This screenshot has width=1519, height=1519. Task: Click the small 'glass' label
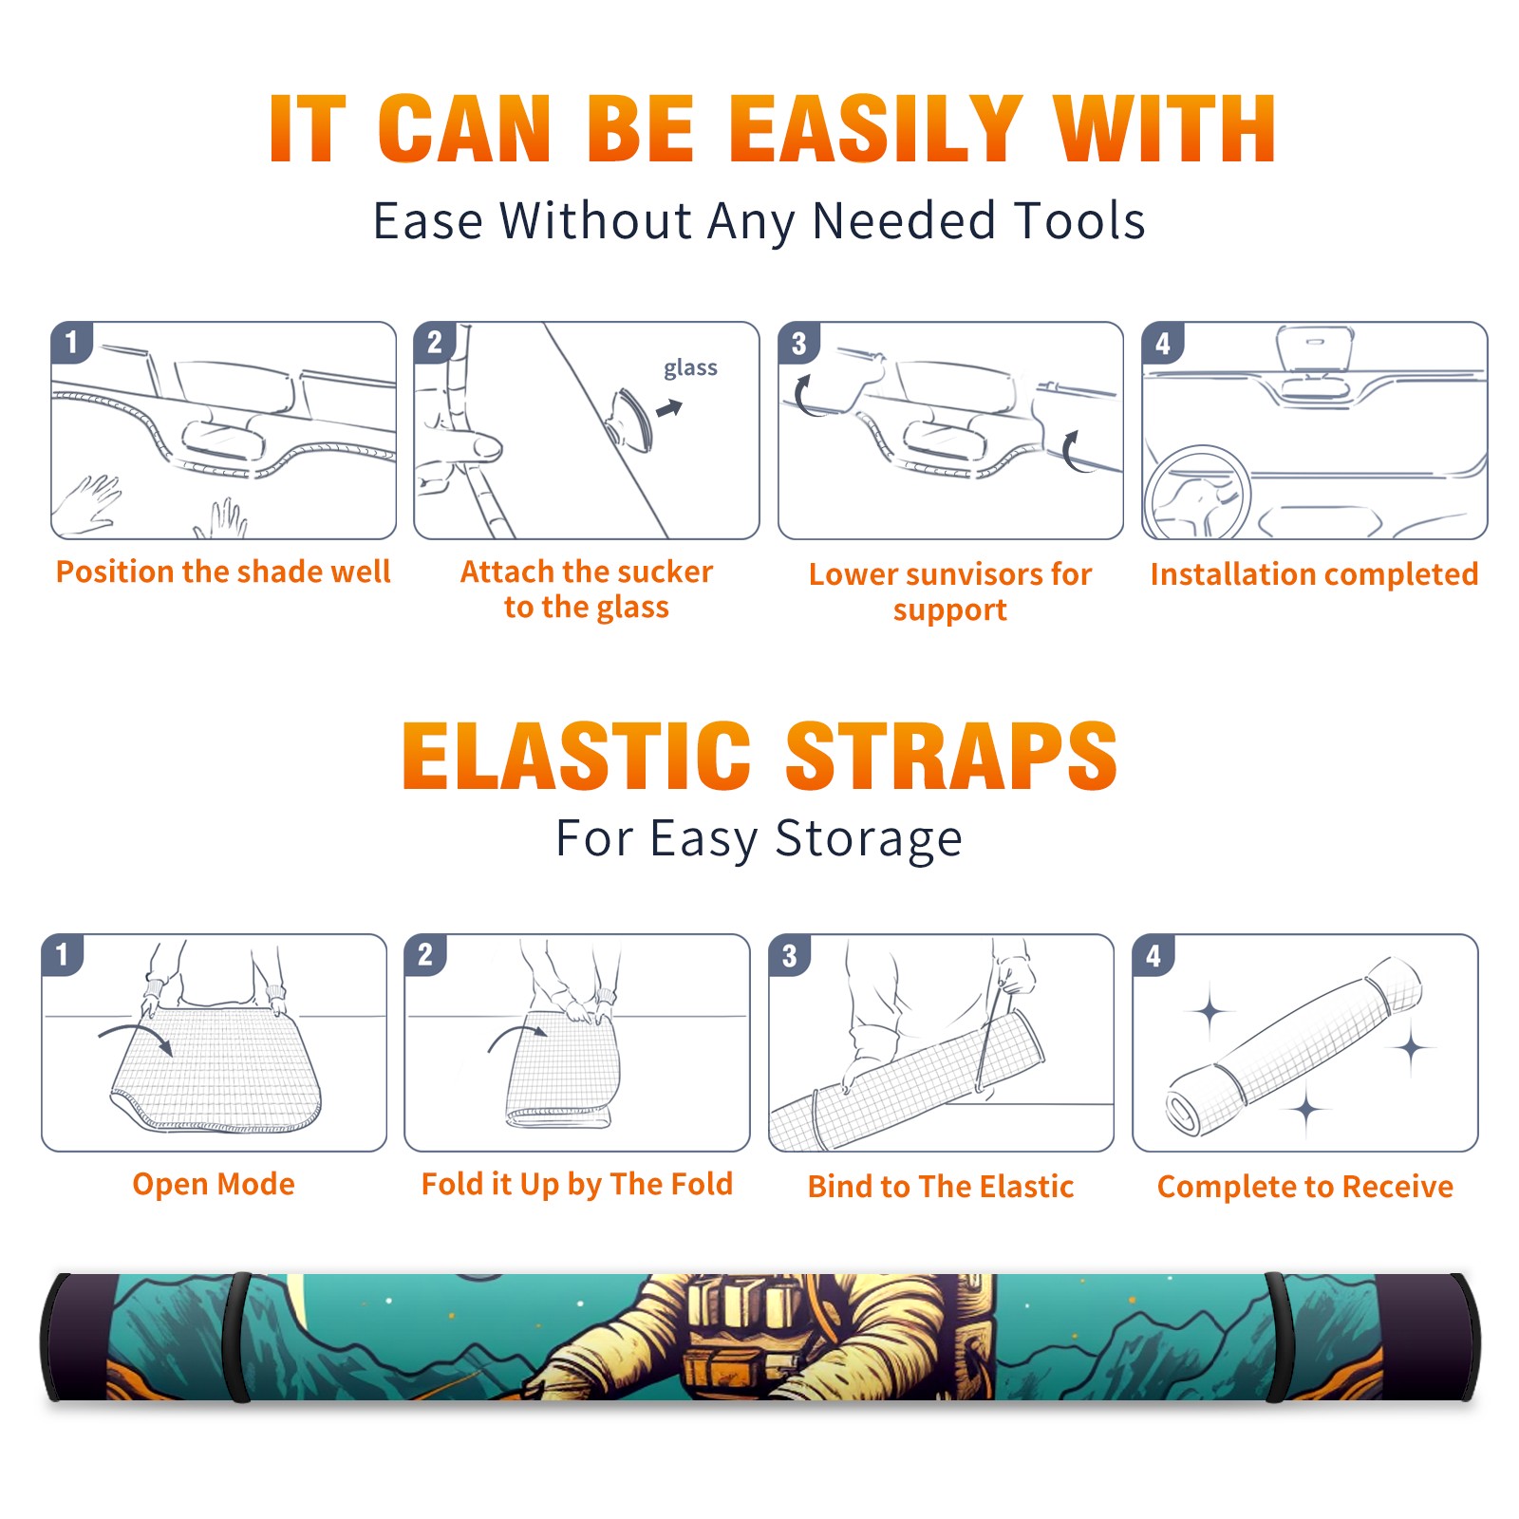690,368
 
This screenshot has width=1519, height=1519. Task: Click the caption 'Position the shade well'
223,572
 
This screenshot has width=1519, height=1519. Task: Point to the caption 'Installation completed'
1314,574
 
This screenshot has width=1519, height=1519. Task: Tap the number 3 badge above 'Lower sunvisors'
798,344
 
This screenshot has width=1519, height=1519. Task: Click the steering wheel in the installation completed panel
1196,493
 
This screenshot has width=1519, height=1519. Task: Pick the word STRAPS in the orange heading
951,756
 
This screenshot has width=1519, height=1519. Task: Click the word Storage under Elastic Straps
869,839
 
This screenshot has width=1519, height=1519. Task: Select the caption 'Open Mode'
214,1184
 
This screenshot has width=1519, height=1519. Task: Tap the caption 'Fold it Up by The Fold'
577,1185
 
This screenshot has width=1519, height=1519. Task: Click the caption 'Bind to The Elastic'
941,1187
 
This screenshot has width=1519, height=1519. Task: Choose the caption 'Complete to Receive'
1305,1187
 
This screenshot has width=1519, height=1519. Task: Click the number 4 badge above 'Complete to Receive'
1153,955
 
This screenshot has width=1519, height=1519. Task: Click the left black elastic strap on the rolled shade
237,1337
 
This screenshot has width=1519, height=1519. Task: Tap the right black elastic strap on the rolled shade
1277,1337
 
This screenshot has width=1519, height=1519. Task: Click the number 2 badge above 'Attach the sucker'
435,342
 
